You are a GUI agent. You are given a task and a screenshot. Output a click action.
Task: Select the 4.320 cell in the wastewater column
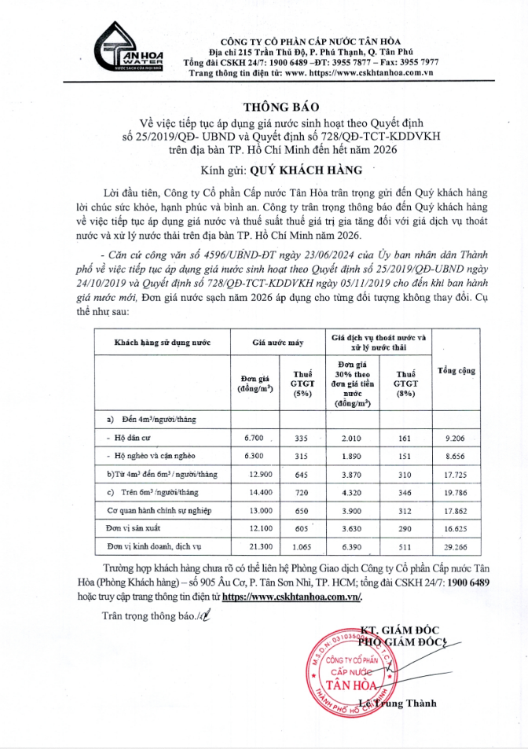pyautogui.click(x=352, y=491)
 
